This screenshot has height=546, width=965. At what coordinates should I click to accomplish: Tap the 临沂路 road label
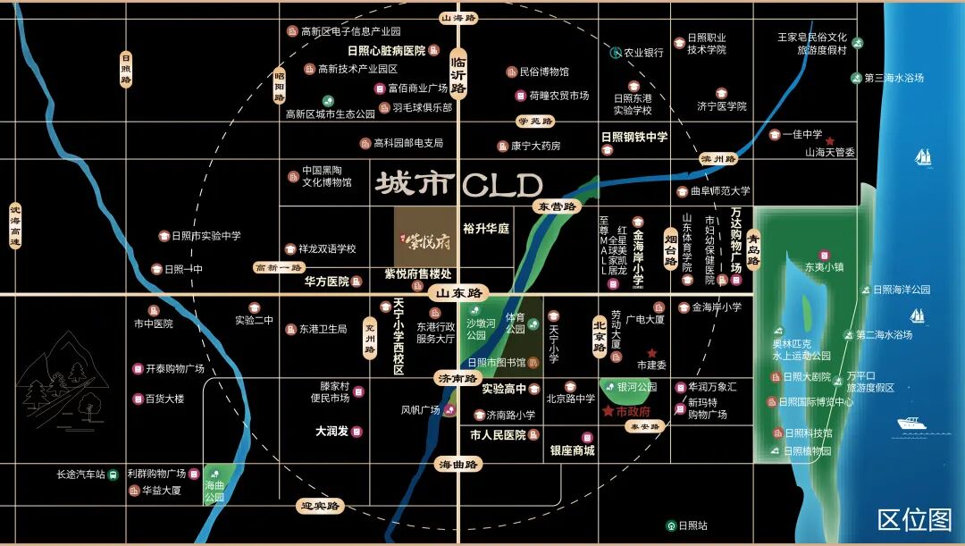459,71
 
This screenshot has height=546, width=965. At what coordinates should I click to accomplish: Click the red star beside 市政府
608,411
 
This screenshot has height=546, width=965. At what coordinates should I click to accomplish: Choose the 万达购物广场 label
736,240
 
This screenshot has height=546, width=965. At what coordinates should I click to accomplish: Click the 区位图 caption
914,519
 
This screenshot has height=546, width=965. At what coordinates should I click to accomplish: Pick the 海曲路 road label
458,464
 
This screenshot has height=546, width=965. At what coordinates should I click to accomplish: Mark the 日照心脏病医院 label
386,51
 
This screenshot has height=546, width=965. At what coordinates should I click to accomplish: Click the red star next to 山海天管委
830,141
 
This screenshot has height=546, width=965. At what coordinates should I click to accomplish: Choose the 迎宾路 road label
320,506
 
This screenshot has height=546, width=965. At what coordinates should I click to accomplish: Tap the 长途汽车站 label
80,474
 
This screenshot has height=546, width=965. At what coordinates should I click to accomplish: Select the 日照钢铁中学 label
634,137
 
